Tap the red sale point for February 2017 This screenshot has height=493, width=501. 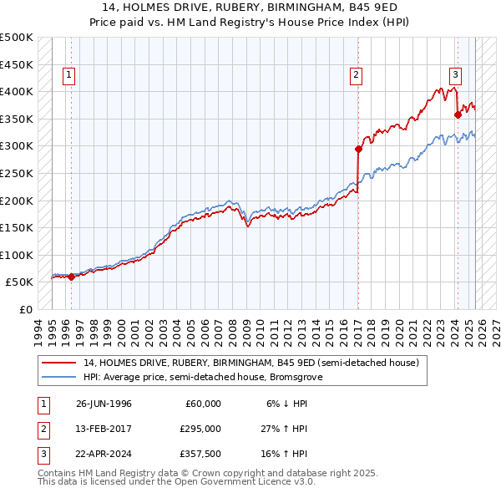(358, 150)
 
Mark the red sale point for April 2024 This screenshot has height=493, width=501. (458, 115)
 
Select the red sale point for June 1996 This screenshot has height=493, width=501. (71, 277)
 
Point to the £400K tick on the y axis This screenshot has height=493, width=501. (17, 91)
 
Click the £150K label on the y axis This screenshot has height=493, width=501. (17, 227)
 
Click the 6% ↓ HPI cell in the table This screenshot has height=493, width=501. (287, 403)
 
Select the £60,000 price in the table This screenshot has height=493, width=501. (203, 403)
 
